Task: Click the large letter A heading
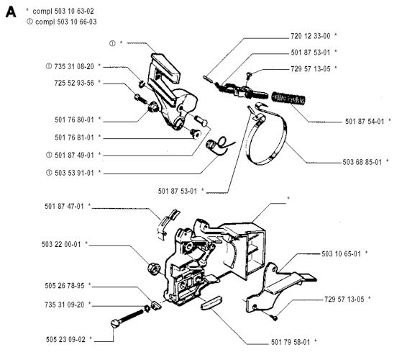11,12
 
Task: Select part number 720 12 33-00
311,36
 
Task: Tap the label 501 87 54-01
365,122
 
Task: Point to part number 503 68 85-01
362,162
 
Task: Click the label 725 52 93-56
74,83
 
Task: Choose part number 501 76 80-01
74,120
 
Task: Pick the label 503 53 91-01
74,173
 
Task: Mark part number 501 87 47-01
64,207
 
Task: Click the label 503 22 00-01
61,244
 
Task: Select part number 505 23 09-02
65,339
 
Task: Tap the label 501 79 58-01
291,342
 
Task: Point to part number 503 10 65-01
342,253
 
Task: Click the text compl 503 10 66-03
66,22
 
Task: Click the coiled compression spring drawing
288,98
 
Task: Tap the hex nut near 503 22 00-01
154,269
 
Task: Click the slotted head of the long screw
115,323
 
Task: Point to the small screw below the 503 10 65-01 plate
275,318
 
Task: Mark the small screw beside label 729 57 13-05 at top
248,75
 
